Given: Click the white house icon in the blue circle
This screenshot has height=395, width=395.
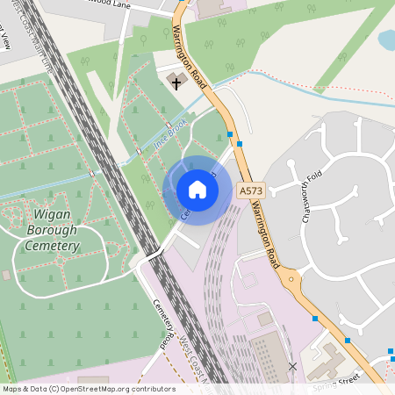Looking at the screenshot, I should [x=197, y=190].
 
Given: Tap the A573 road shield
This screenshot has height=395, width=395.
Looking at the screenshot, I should [x=249, y=190].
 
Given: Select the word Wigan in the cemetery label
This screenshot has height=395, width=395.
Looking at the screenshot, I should [x=53, y=214].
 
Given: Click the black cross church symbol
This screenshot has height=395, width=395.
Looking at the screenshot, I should [x=176, y=83].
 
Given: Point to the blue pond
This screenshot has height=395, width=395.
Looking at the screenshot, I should [x=387, y=39].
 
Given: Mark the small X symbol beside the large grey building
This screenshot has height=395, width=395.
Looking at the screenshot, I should [x=292, y=365].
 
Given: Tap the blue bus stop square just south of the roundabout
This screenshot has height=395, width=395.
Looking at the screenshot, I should [x=314, y=318].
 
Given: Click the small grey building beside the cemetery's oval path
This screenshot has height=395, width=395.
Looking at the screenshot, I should [x=6, y=276].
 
